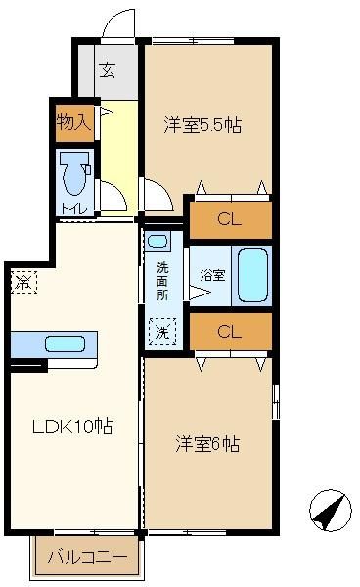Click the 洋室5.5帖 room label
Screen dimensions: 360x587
click(x=202, y=125)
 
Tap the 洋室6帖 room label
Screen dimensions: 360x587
click(x=207, y=444)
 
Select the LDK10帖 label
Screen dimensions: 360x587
click(x=72, y=426)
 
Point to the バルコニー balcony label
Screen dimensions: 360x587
click(x=88, y=557)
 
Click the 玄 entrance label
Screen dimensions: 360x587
click(x=107, y=70)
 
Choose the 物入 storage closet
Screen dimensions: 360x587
click(x=74, y=123)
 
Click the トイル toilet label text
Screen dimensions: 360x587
click(x=74, y=208)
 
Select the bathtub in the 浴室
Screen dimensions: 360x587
click(x=253, y=276)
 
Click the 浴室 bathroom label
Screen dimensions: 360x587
click(x=212, y=275)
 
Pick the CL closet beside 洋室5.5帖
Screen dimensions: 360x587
click(x=231, y=220)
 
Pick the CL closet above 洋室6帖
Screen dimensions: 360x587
click(x=231, y=332)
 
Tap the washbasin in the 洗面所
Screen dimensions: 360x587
click(x=157, y=241)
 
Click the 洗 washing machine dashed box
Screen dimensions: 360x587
click(x=162, y=332)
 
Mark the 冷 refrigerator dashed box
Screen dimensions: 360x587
click(x=23, y=282)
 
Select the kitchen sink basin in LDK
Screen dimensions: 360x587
click(x=65, y=344)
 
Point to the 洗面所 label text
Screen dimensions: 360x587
click(x=162, y=282)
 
